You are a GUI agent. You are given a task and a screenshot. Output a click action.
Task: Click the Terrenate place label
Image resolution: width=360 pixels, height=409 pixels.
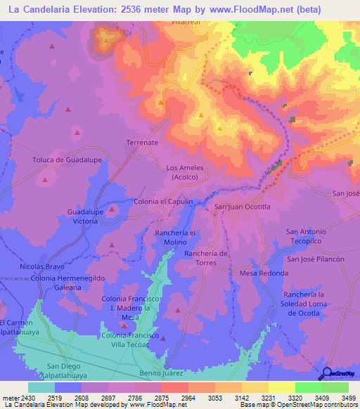coord(142,143)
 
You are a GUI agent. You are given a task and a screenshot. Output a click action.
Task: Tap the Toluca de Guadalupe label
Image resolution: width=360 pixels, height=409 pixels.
coord(67,160)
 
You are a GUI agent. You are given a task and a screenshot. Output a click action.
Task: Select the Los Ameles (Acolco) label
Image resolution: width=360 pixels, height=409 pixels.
coord(184,173)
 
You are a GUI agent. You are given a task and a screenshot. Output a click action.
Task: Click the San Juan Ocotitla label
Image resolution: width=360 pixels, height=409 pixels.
coord(243,207)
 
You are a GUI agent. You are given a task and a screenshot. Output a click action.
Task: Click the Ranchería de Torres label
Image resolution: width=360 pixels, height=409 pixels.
coord(206,258)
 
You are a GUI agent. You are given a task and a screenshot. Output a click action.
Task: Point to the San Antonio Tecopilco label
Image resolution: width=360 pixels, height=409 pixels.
coord(306,236)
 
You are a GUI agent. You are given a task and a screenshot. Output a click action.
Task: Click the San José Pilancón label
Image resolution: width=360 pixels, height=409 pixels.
coord(314,259)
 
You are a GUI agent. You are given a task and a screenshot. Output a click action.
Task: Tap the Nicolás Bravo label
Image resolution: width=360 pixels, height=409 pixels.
coord(42,268)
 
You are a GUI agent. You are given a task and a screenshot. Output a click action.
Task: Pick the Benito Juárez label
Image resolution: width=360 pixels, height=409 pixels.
coord(161,372)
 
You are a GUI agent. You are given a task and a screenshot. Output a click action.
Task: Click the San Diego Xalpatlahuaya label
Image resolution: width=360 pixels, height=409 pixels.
coord(63,370)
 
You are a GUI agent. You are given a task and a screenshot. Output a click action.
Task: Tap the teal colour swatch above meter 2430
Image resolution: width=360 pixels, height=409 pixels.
coord(41,387)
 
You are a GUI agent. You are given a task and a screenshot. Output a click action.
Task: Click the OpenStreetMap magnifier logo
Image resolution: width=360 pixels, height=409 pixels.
coord(326,373)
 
